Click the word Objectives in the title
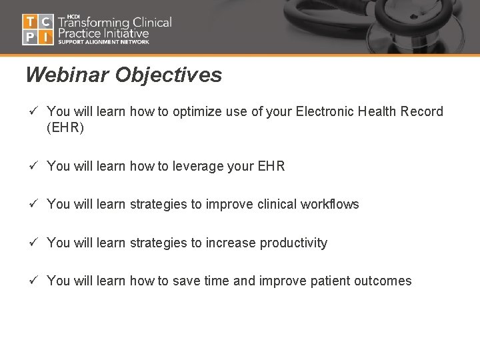coord(168,75)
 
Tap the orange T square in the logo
coord(30,21)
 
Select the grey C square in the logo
coord(45,21)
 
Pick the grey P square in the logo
coord(30,37)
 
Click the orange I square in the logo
coord(45,37)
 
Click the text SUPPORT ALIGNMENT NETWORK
coord(103,42)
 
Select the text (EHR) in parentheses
coord(65,127)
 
